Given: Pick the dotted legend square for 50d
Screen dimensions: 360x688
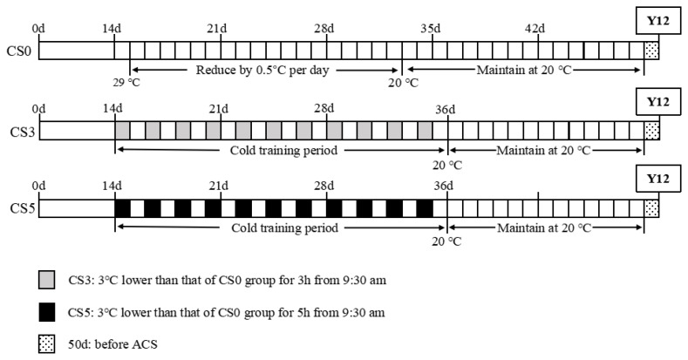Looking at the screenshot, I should pyautogui.click(x=47, y=343).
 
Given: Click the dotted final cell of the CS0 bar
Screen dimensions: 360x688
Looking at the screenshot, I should pyautogui.click(x=651, y=51).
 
